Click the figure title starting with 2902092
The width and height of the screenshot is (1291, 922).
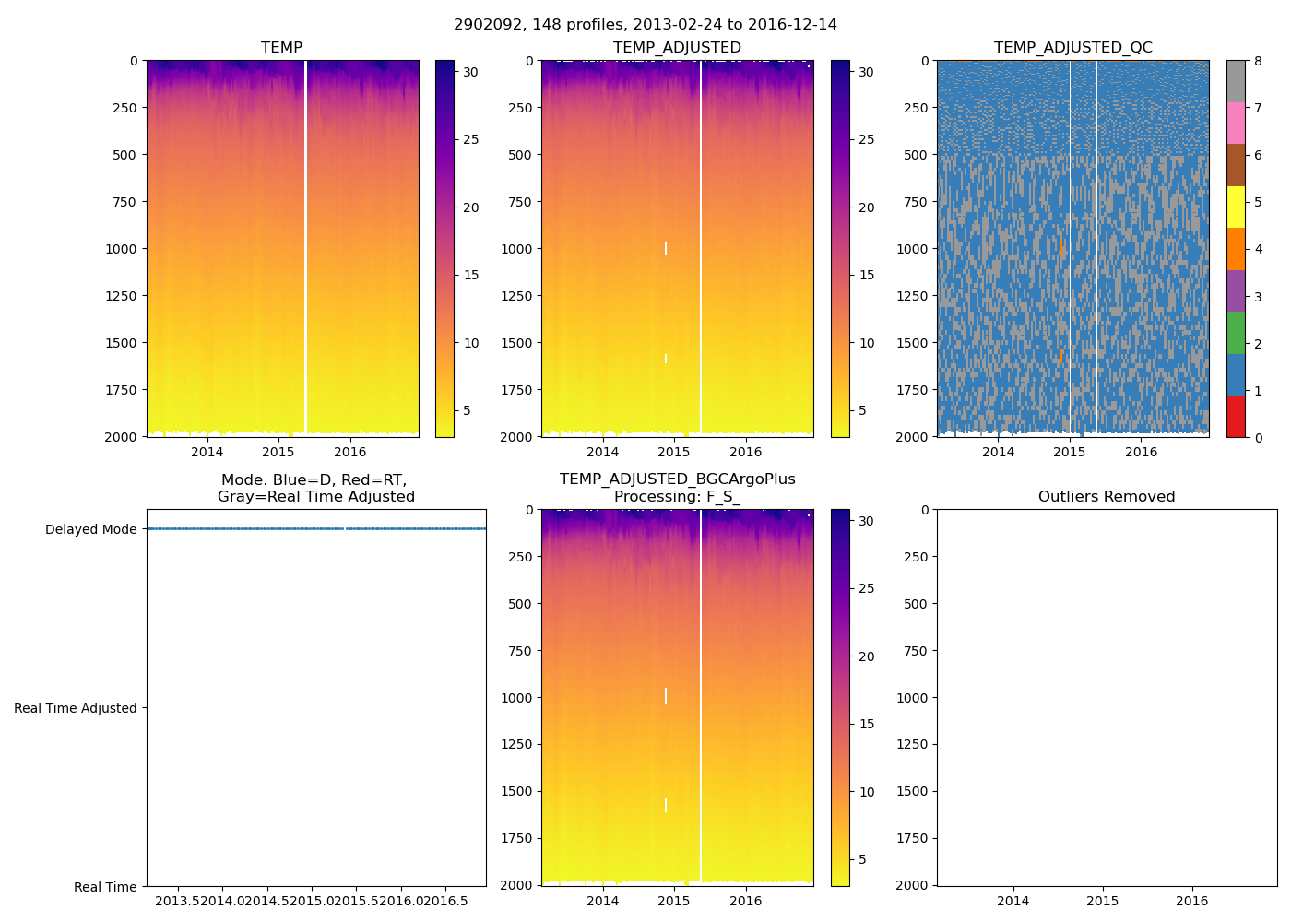(645, 25)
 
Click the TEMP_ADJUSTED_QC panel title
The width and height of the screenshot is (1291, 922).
(1072, 48)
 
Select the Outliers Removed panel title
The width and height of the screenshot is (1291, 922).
(1107, 497)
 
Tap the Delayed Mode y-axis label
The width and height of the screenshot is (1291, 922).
(90, 529)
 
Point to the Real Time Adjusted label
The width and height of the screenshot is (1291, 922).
(75, 708)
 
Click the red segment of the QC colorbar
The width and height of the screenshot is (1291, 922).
(1236, 417)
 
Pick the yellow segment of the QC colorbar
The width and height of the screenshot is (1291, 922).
(1236, 207)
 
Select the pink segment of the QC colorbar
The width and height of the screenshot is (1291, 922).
(1236, 124)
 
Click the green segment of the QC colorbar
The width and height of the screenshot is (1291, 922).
(1236, 333)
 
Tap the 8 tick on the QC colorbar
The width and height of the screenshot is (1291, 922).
(1258, 61)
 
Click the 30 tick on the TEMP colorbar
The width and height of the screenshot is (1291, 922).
(470, 72)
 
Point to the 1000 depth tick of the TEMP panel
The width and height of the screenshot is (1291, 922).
(120, 249)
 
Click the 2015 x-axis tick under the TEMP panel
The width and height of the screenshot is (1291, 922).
(278, 452)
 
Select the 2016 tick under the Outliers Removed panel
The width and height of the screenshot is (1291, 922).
(1191, 901)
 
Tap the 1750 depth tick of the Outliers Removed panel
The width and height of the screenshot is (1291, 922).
(912, 838)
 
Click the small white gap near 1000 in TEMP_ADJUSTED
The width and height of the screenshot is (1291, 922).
(666, 249)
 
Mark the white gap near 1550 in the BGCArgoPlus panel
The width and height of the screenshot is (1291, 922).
(666, 805)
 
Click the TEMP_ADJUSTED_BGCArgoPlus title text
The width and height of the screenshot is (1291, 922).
(677, 479)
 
